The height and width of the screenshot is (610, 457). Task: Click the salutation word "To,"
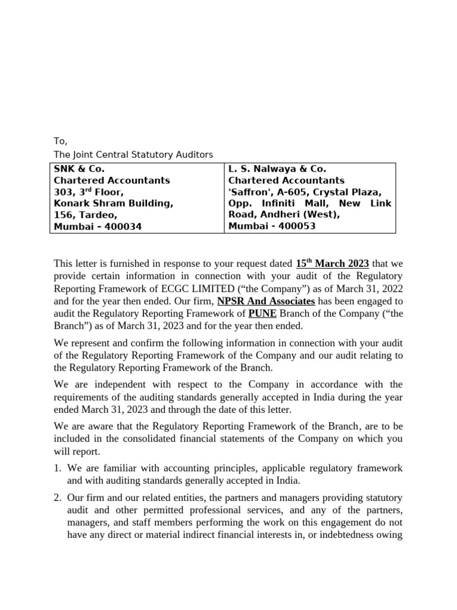pos(61,141)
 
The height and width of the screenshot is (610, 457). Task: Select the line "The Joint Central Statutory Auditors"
pos(133,155)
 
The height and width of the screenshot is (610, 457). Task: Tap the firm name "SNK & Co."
pos(79,169)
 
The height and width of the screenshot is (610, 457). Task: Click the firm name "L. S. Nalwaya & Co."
pos(277,169)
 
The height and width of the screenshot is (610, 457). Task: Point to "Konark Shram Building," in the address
pos(114,203)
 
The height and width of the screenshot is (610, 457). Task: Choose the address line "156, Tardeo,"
pos(86,215)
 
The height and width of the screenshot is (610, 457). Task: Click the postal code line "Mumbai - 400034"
pos(98,226)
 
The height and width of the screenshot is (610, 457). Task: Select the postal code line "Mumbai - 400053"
pos(272,226)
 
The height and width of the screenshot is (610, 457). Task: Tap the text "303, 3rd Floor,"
pos(89,192)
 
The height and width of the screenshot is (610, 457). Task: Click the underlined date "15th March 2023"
pos(332,263)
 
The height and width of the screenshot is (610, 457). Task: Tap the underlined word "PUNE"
pos(262,313)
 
